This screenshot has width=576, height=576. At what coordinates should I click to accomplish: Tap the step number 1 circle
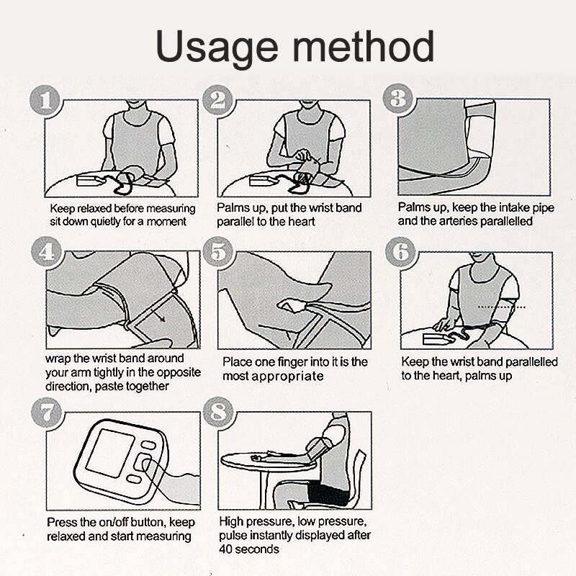coord(45,101)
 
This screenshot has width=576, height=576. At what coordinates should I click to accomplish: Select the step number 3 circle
coord(398,99)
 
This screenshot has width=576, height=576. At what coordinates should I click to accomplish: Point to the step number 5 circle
coord(219,251)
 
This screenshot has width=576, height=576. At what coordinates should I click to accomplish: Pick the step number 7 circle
coord(47,413)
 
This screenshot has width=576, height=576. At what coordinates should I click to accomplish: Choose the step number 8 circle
coord(219,412)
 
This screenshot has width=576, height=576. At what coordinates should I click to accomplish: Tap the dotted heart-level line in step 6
coord(502,307)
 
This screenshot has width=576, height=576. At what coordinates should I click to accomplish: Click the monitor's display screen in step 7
coord(110,453)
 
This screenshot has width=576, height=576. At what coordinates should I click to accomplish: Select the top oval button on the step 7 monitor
coord(149,445)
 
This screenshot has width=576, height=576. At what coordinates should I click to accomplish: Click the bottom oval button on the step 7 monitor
coord(134,479)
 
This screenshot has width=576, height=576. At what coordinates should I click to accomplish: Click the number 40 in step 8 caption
coord(226,549)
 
